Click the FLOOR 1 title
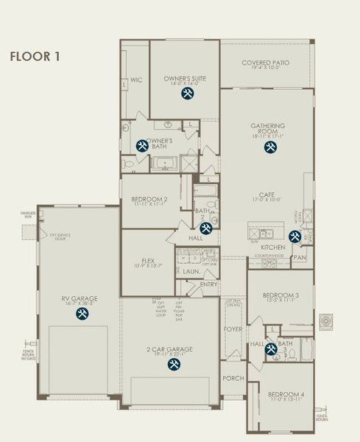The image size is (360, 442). [33, 56]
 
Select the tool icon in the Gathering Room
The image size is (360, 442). [270, 147]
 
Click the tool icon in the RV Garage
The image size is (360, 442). [82, 314]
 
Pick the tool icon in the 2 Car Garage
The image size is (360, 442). [174, 364]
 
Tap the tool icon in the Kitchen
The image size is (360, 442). [294, 236]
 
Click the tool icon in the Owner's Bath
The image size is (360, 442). [143, 147]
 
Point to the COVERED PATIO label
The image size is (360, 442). [267, 63]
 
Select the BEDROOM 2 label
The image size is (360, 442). [150, 199]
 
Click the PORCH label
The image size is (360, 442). [233, 378]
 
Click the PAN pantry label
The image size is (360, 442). [300, 258]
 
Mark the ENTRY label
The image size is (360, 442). [208, 284]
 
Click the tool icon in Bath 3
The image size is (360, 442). [271, 349]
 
